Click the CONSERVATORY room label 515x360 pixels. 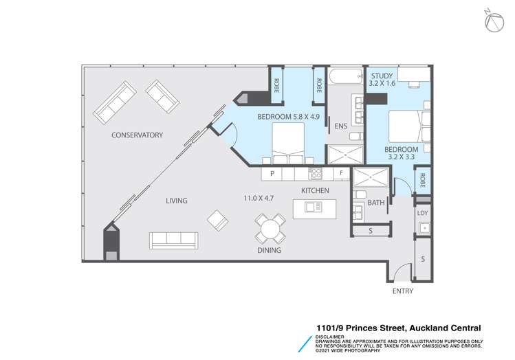[137, 135]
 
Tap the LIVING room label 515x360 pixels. [177, 201]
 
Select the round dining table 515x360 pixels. [270, 229]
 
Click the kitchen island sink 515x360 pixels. [313, 207]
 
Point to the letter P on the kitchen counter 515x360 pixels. [272, 174]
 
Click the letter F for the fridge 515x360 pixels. [342, 173]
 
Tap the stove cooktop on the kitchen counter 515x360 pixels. [316, 174]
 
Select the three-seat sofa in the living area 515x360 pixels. [173, 240]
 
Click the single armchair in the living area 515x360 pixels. [218, 221]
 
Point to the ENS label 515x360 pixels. [341, 126]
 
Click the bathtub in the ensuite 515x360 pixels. [346, 76]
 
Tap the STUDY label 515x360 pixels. [382, 76]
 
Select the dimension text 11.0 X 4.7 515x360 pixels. [259, 199]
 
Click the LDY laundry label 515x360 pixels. [422, 213]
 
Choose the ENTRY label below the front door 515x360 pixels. [403, 291]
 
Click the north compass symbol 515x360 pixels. [494, 22]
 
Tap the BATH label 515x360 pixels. [376, 203]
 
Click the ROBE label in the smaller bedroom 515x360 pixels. [423, 180]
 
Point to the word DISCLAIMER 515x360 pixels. [330, 337]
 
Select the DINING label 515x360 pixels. [269, 250]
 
